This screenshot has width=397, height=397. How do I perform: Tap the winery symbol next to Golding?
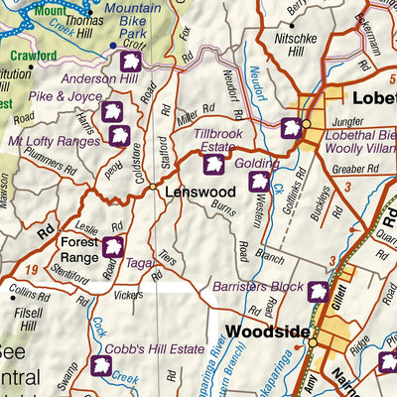[258, 181]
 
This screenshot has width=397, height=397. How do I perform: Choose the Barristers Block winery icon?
[318, 292]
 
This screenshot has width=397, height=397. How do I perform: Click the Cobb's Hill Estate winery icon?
[100, 365]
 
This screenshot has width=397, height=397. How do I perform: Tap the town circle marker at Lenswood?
[153, 186]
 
